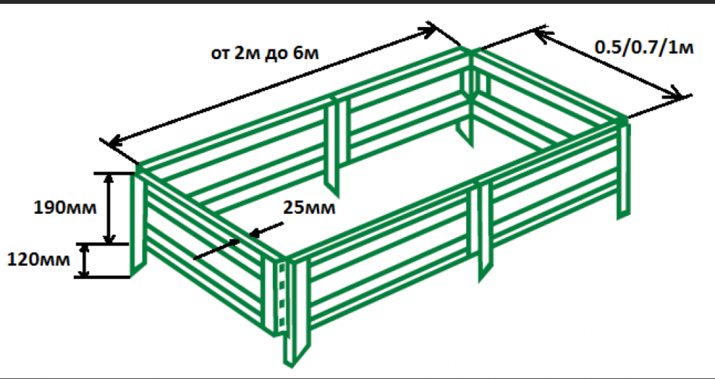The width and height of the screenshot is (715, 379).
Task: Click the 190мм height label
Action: point(65,208)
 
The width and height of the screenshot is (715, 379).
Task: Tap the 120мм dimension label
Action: point(39,260)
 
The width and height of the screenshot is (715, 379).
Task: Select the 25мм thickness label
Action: point(309,207)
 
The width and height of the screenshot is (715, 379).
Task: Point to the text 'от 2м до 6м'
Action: point(264,54)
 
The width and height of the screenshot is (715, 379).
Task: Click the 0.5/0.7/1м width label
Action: point(644,47)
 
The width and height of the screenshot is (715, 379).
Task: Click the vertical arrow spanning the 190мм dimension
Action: point(108,209)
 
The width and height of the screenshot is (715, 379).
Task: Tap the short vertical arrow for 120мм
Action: point(84,261)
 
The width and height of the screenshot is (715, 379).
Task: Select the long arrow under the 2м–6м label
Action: point(272,85)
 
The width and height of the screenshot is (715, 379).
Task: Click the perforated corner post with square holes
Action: point(282,297)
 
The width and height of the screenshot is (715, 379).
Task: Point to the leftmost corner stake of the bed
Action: point(138,224)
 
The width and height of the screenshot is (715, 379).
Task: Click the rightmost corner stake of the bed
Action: point(624,169)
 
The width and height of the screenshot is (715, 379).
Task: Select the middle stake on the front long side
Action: point(485,231)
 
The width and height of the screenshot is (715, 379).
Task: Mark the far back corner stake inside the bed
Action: point(466,132)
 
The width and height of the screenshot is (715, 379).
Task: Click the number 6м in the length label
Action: point(306,54)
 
